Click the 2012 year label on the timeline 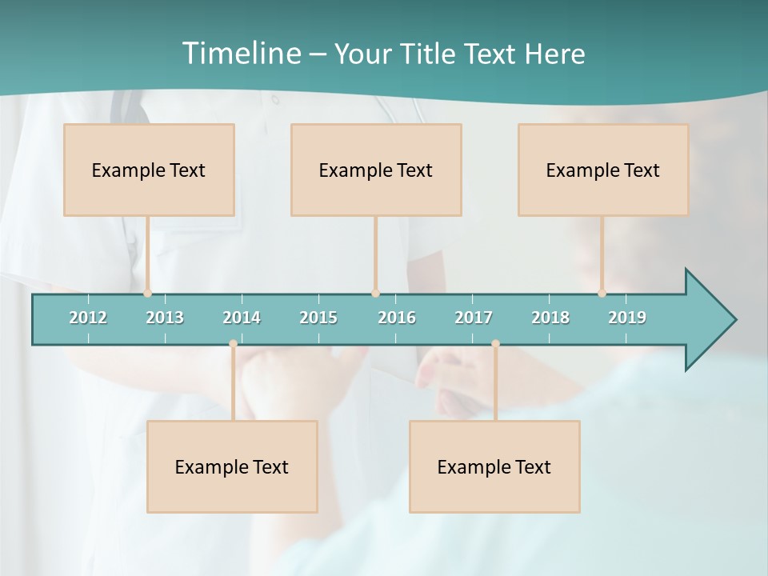coord(88,318)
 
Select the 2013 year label coord(165,318)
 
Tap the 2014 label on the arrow coord(242,318)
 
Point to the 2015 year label coord(318,318)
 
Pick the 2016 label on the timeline coord(397,318)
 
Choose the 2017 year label coord(474,318)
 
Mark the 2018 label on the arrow coord(550,318)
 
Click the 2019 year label coord(627,318)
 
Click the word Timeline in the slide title coord(239,54)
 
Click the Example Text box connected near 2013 coord(149,170)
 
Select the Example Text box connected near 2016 coord(376,170)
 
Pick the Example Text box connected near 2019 coord(603,170)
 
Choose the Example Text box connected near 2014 coord(232,466)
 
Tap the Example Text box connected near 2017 coord(494,466)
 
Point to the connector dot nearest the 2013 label coord(148,294)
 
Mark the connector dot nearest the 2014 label coord(233,344)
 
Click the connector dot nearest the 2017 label coord(495,344)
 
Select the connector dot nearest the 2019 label coord(602,294)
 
